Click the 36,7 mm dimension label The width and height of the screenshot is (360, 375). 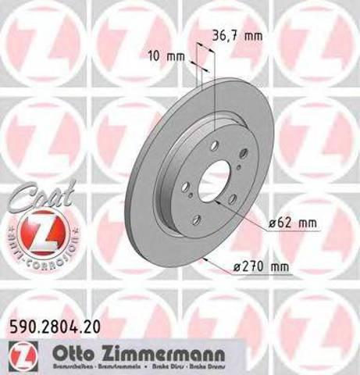(235, 35)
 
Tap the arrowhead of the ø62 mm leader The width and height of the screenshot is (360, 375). (232, 200)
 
